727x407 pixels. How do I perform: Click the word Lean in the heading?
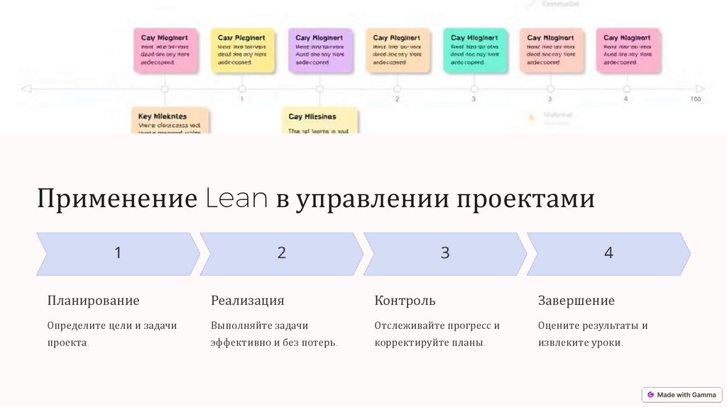click(x=237, y=199)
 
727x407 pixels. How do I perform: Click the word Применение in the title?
click(x=117, y=199)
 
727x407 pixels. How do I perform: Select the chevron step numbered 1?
click(x=118, y=253)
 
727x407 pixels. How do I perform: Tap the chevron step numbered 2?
click(x=281, y=253)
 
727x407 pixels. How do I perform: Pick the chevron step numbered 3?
click(x=444, y=253)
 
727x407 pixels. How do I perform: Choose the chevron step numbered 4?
click(x=608, y=253)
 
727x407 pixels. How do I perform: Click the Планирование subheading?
click(x=94, y=301)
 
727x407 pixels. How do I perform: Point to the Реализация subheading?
click(x=248, y=301)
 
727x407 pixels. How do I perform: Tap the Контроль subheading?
click(x=405, y=301)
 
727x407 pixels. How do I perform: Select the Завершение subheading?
click(x=576, y=301)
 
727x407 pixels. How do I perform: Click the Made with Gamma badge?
click(x=682, y=394)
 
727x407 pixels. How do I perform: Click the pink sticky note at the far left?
click(x=165, y=50)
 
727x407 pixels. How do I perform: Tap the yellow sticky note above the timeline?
click(x=242, y=50)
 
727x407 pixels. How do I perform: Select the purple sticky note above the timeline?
click(x=319, y=50)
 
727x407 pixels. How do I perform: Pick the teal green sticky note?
click(x=475, y=50)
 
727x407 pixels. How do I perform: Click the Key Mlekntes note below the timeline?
click(x=170, y=121)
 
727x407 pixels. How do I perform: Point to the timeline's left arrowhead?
click(x=26, y=89)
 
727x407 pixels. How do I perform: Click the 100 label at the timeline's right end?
click(x=696, y=99)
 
